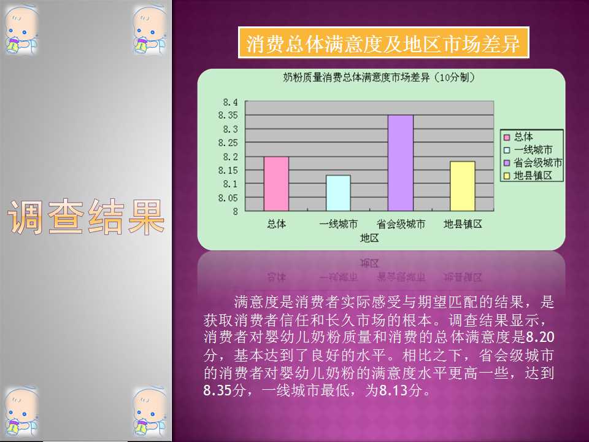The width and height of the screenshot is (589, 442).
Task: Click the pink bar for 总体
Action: pos(276,184)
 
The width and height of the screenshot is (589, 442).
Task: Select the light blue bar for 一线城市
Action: pos(338,193)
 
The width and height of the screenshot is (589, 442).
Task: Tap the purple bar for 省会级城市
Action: pos(401,163)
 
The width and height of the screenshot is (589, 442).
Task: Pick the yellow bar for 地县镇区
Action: pos(463,187)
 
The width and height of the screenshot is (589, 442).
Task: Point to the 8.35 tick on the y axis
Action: pos(228,115)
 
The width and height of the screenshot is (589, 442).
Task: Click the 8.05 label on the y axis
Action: pos(228,198)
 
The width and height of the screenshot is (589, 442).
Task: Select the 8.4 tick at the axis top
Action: pos(230,102)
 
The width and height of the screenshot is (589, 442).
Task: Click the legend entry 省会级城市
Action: pos(537,163)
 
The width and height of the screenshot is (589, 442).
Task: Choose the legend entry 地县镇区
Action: pos(533,176)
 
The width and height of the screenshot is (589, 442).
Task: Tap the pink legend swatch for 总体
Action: pos(507,138)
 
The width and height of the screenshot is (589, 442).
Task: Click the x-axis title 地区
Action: pos(369,238)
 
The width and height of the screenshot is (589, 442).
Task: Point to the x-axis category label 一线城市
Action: pos(338,225)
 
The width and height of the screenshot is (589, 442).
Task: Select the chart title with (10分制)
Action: pos(379,78)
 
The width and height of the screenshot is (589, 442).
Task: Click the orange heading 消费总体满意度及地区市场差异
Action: pos(383,43)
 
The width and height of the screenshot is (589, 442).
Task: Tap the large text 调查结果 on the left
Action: pos(86,217)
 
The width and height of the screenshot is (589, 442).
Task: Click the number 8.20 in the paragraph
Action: pos(540,337)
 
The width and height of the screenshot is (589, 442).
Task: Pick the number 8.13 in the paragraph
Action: pos(393,390)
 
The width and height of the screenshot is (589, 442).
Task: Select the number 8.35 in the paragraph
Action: pos(217,390)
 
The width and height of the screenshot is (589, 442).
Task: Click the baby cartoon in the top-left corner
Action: pos(21,30)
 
